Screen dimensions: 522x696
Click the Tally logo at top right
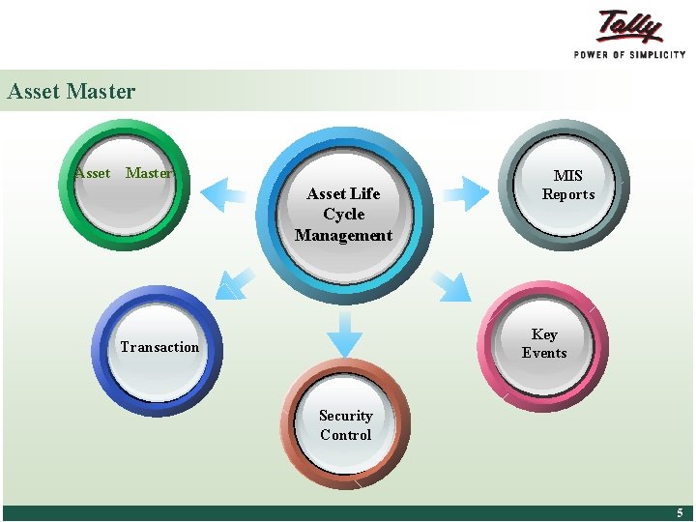(x=629, y=26)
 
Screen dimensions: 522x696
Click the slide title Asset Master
(x=71, y=92)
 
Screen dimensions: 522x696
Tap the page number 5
(x=680, y=513)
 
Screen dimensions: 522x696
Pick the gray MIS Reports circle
(x=567, y=185)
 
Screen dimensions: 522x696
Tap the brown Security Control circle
(x=345, y=425)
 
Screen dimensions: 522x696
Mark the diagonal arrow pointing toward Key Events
(x=450, y=284)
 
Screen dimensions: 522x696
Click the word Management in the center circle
(x=343, y=235)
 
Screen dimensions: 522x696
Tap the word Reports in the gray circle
(x=567, y=194)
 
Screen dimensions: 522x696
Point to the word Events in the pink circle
(x=544, y=353)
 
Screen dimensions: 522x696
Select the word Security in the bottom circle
(x=345, y=416)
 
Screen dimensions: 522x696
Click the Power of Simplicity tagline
(x=629, y=54)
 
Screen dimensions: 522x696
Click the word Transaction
(x=159, y=347)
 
